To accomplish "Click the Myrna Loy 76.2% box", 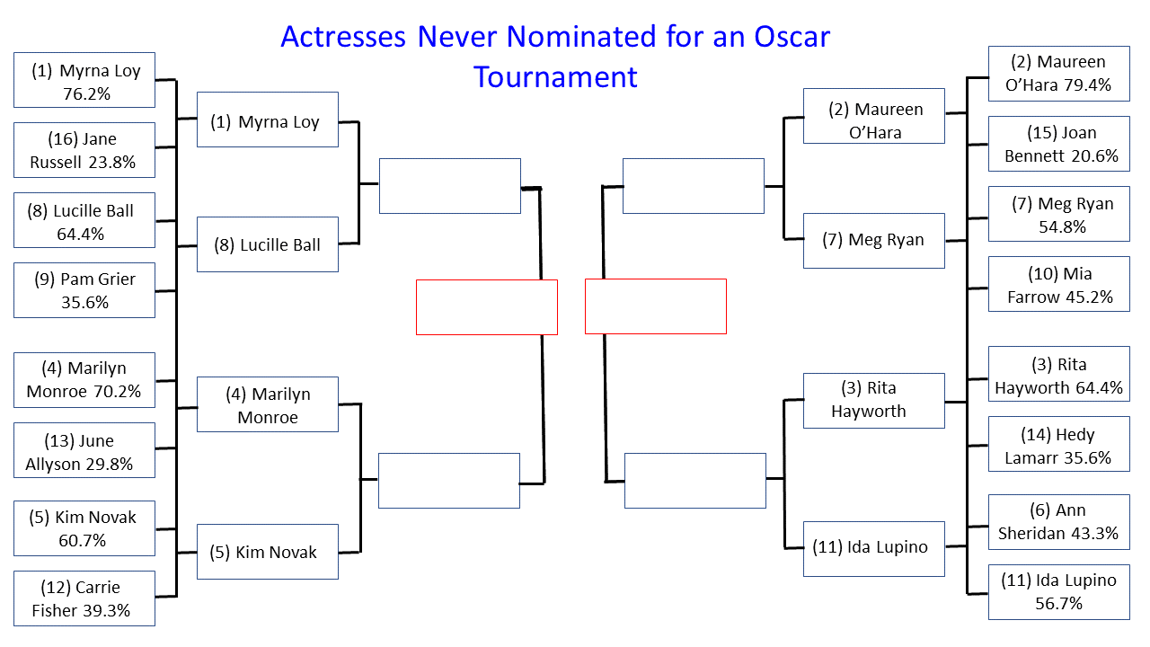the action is (84, 80).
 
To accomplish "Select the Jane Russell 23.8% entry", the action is (84, 150).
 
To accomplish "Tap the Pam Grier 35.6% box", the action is (84, 290).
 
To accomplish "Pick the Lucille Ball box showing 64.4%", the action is (84, 220).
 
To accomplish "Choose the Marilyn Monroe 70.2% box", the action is (84, 380).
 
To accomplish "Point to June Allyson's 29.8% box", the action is (84, 450).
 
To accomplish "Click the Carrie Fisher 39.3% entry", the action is (84, 598).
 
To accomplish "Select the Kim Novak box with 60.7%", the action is (84, 528).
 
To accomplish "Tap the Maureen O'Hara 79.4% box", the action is (1059, 74).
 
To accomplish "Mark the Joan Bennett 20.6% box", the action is (1059, 144).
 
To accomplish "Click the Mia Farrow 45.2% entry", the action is (1059, 284).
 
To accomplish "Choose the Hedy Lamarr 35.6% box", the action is (1059, 444).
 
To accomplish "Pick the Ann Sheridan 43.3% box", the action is (1059, 522).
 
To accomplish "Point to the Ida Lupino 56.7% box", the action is (1059, 592).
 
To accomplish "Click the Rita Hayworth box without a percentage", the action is (874, 401).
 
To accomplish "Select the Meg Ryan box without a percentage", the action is (874, 241).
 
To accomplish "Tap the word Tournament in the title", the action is (555, 77).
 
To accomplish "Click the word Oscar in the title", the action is (792, 37).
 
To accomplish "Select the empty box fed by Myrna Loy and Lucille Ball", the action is (450, 186).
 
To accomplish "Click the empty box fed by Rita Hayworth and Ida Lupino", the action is (695, 481).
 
